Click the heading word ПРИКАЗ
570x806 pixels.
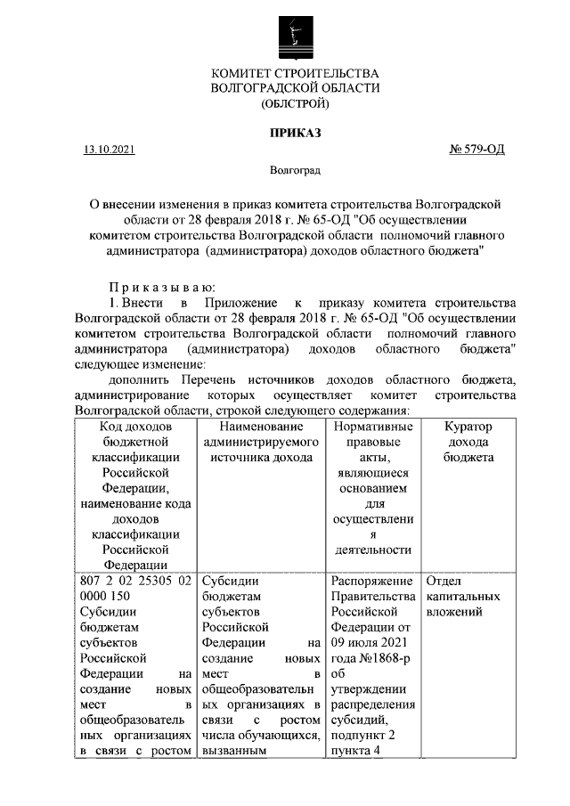295,133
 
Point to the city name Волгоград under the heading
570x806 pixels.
295,169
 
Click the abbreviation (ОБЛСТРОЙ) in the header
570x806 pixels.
295,104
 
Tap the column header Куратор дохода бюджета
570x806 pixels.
468,442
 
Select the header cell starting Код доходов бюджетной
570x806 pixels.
136,495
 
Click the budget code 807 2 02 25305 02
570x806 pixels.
136,581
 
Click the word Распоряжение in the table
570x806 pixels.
371,581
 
